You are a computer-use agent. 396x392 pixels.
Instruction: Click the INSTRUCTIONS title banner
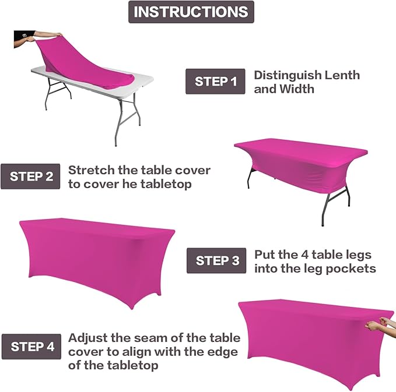point(191,12)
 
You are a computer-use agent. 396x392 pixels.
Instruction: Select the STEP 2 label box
point(30,176)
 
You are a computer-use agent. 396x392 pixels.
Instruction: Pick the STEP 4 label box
point(31,347)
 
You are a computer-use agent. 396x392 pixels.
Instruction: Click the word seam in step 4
point(148,338)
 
